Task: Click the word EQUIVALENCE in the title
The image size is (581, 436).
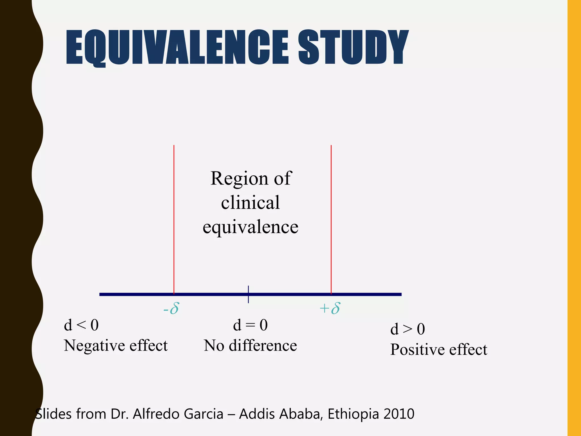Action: click(x=177, y=48)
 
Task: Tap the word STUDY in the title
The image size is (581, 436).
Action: click(x=353, y=48)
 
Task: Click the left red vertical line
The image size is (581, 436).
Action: click(x=174, y=219)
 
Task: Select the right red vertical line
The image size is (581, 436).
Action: click(x=331, y=219)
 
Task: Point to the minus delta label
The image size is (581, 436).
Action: click(x=171, y=309)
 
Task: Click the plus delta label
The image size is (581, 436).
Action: click(x=330, y=309)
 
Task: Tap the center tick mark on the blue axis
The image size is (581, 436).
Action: click(x=248, y=294)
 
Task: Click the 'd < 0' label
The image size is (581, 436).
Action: click(x=81, y=325)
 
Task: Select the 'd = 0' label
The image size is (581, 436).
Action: click(x=250, y=325)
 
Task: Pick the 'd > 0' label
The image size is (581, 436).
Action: click(x=407, y=329)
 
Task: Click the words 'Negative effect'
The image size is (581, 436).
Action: click(x=116, y=346)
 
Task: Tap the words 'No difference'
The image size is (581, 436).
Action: click(x=250, y=346)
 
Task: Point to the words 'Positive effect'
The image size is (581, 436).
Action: click(x=439, y=350)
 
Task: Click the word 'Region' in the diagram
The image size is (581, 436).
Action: click(x=239, y=179)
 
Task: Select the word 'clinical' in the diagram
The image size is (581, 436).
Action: click(x=250, y=203)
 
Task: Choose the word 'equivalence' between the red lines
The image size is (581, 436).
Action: click(x=250, y=227)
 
